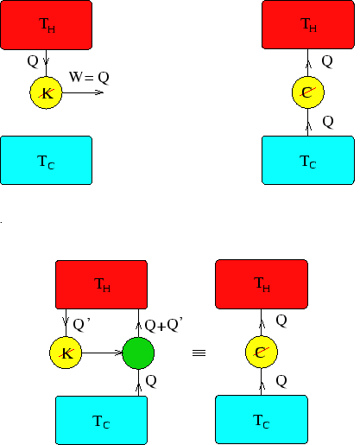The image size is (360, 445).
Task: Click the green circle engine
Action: [138, 353]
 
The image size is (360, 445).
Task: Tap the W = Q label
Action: [89, 77]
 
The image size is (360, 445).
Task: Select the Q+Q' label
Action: [163, 325]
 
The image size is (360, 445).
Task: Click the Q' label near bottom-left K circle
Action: [82, 325]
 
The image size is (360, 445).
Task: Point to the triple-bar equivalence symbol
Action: [199, 353]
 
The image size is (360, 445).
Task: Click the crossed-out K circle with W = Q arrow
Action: [46, 92]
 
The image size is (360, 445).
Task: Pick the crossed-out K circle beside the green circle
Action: [66, 353]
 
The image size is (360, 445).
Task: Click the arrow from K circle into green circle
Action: [102, 353]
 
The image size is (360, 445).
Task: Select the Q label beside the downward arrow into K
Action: [33, 61]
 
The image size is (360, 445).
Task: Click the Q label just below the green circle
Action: [151, 381]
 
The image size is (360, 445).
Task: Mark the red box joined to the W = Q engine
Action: [46, 25]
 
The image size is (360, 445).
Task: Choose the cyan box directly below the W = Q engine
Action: [46, 160]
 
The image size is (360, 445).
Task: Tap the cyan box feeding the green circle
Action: [101, 420]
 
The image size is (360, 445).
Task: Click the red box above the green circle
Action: [101, 284]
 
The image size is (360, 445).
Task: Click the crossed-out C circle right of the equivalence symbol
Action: [262, 352]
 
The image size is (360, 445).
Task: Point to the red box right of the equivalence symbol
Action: [262, 284]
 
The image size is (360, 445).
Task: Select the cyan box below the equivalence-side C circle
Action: [262, 419]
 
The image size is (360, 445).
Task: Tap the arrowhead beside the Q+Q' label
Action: [138, 326]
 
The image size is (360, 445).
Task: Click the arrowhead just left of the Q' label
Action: [66, 321]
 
